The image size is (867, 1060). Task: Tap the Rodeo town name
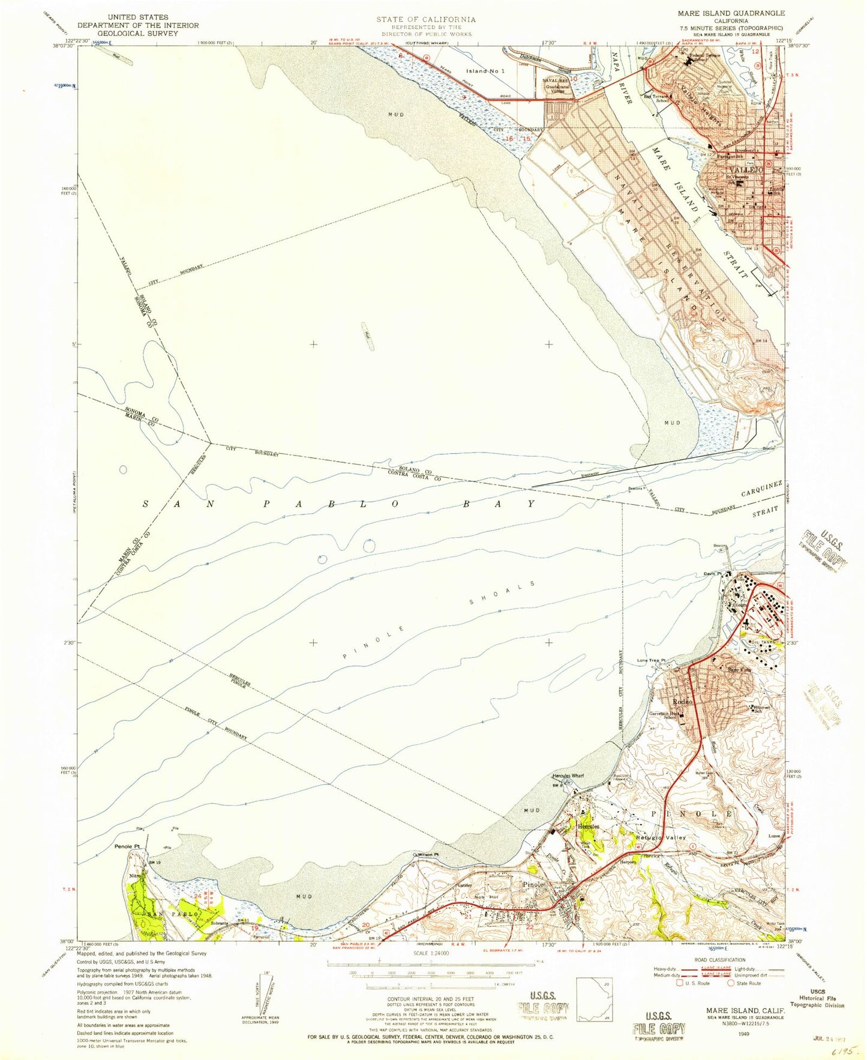point(682,701)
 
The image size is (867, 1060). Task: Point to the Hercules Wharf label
point(568,775)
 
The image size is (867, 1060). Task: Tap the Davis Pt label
point(713,574)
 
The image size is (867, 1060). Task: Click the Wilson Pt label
point(424,854)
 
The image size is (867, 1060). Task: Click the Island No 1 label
point(485,71)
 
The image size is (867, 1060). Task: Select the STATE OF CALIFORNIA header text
point(425,19)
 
